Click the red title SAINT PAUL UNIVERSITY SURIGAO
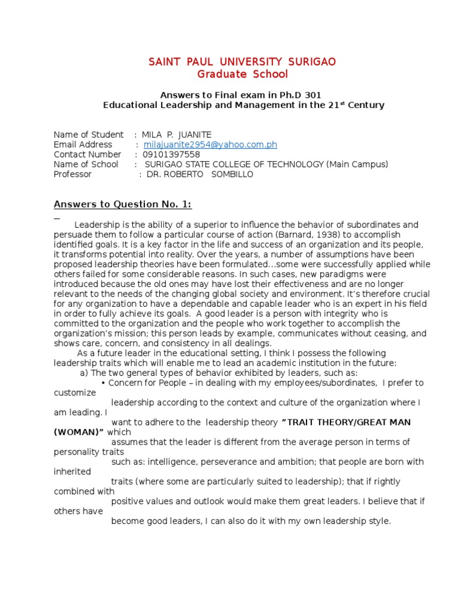[x=242, y=62]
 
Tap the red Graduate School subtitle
[x=242, y=74]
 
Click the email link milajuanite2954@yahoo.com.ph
[x=210, y=144]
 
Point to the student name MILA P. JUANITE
[x=177, y=134]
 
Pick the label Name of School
[x=86, y=164]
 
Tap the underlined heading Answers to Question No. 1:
[x=122, y=204]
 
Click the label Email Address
[x=82, y=144]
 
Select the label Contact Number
[x=87, y=155]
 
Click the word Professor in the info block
[x=72, y=174]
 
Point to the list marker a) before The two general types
[x=84, y=372]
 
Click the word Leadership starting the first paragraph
[x=94, y=224]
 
